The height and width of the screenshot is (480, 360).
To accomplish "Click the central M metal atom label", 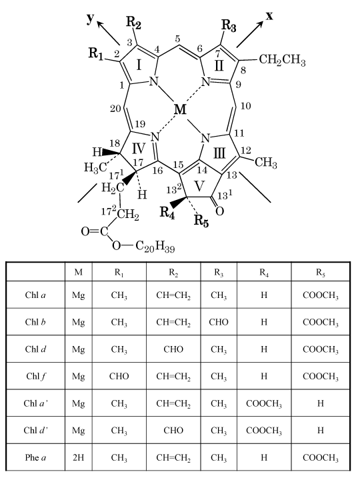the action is coord(180,109).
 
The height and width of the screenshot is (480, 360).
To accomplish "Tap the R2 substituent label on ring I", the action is coord(134,23).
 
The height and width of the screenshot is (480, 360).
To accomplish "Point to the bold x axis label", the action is coord(269,16).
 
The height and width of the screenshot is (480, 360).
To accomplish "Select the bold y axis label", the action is coord(90,19).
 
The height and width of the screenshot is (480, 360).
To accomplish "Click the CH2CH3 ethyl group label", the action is coord(282,60).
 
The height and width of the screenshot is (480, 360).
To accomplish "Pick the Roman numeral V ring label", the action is coord(199,186).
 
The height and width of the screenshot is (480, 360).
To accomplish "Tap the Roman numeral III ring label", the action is coord(219,153).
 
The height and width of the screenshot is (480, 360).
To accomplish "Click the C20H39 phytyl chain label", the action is coord(155,247).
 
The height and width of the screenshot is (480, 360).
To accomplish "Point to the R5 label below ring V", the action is coord(201,221).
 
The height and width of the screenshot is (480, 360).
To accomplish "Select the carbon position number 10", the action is coord(246,106).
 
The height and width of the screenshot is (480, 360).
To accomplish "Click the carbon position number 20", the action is coord(115,109).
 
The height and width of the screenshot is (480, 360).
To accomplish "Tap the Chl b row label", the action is coord(35,322).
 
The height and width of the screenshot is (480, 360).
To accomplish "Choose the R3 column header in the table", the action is coord(219,273).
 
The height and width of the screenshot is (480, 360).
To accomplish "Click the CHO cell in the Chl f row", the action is coord(119,376).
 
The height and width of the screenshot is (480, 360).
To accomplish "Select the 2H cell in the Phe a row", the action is coord(79,457).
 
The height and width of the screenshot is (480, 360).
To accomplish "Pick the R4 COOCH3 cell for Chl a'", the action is coord(264,404).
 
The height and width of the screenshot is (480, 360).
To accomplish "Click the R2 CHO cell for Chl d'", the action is coord(173,431).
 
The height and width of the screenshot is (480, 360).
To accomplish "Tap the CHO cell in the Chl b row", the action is coord(219,322).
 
